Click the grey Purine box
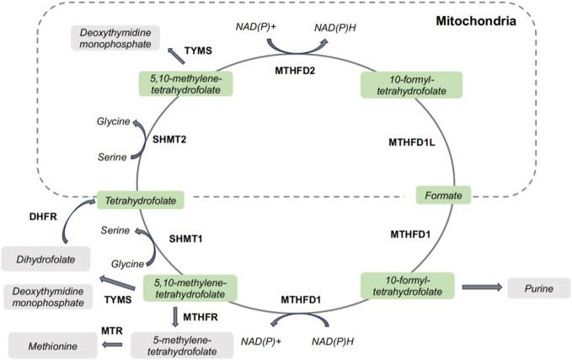[x=538, y=288]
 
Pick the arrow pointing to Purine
[x=480, y=288]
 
